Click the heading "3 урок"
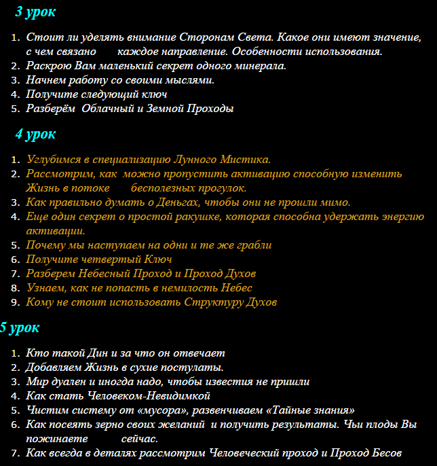point(35,12)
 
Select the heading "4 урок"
point(35,134)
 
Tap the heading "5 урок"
point(20,327)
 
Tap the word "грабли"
point(251,245)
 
